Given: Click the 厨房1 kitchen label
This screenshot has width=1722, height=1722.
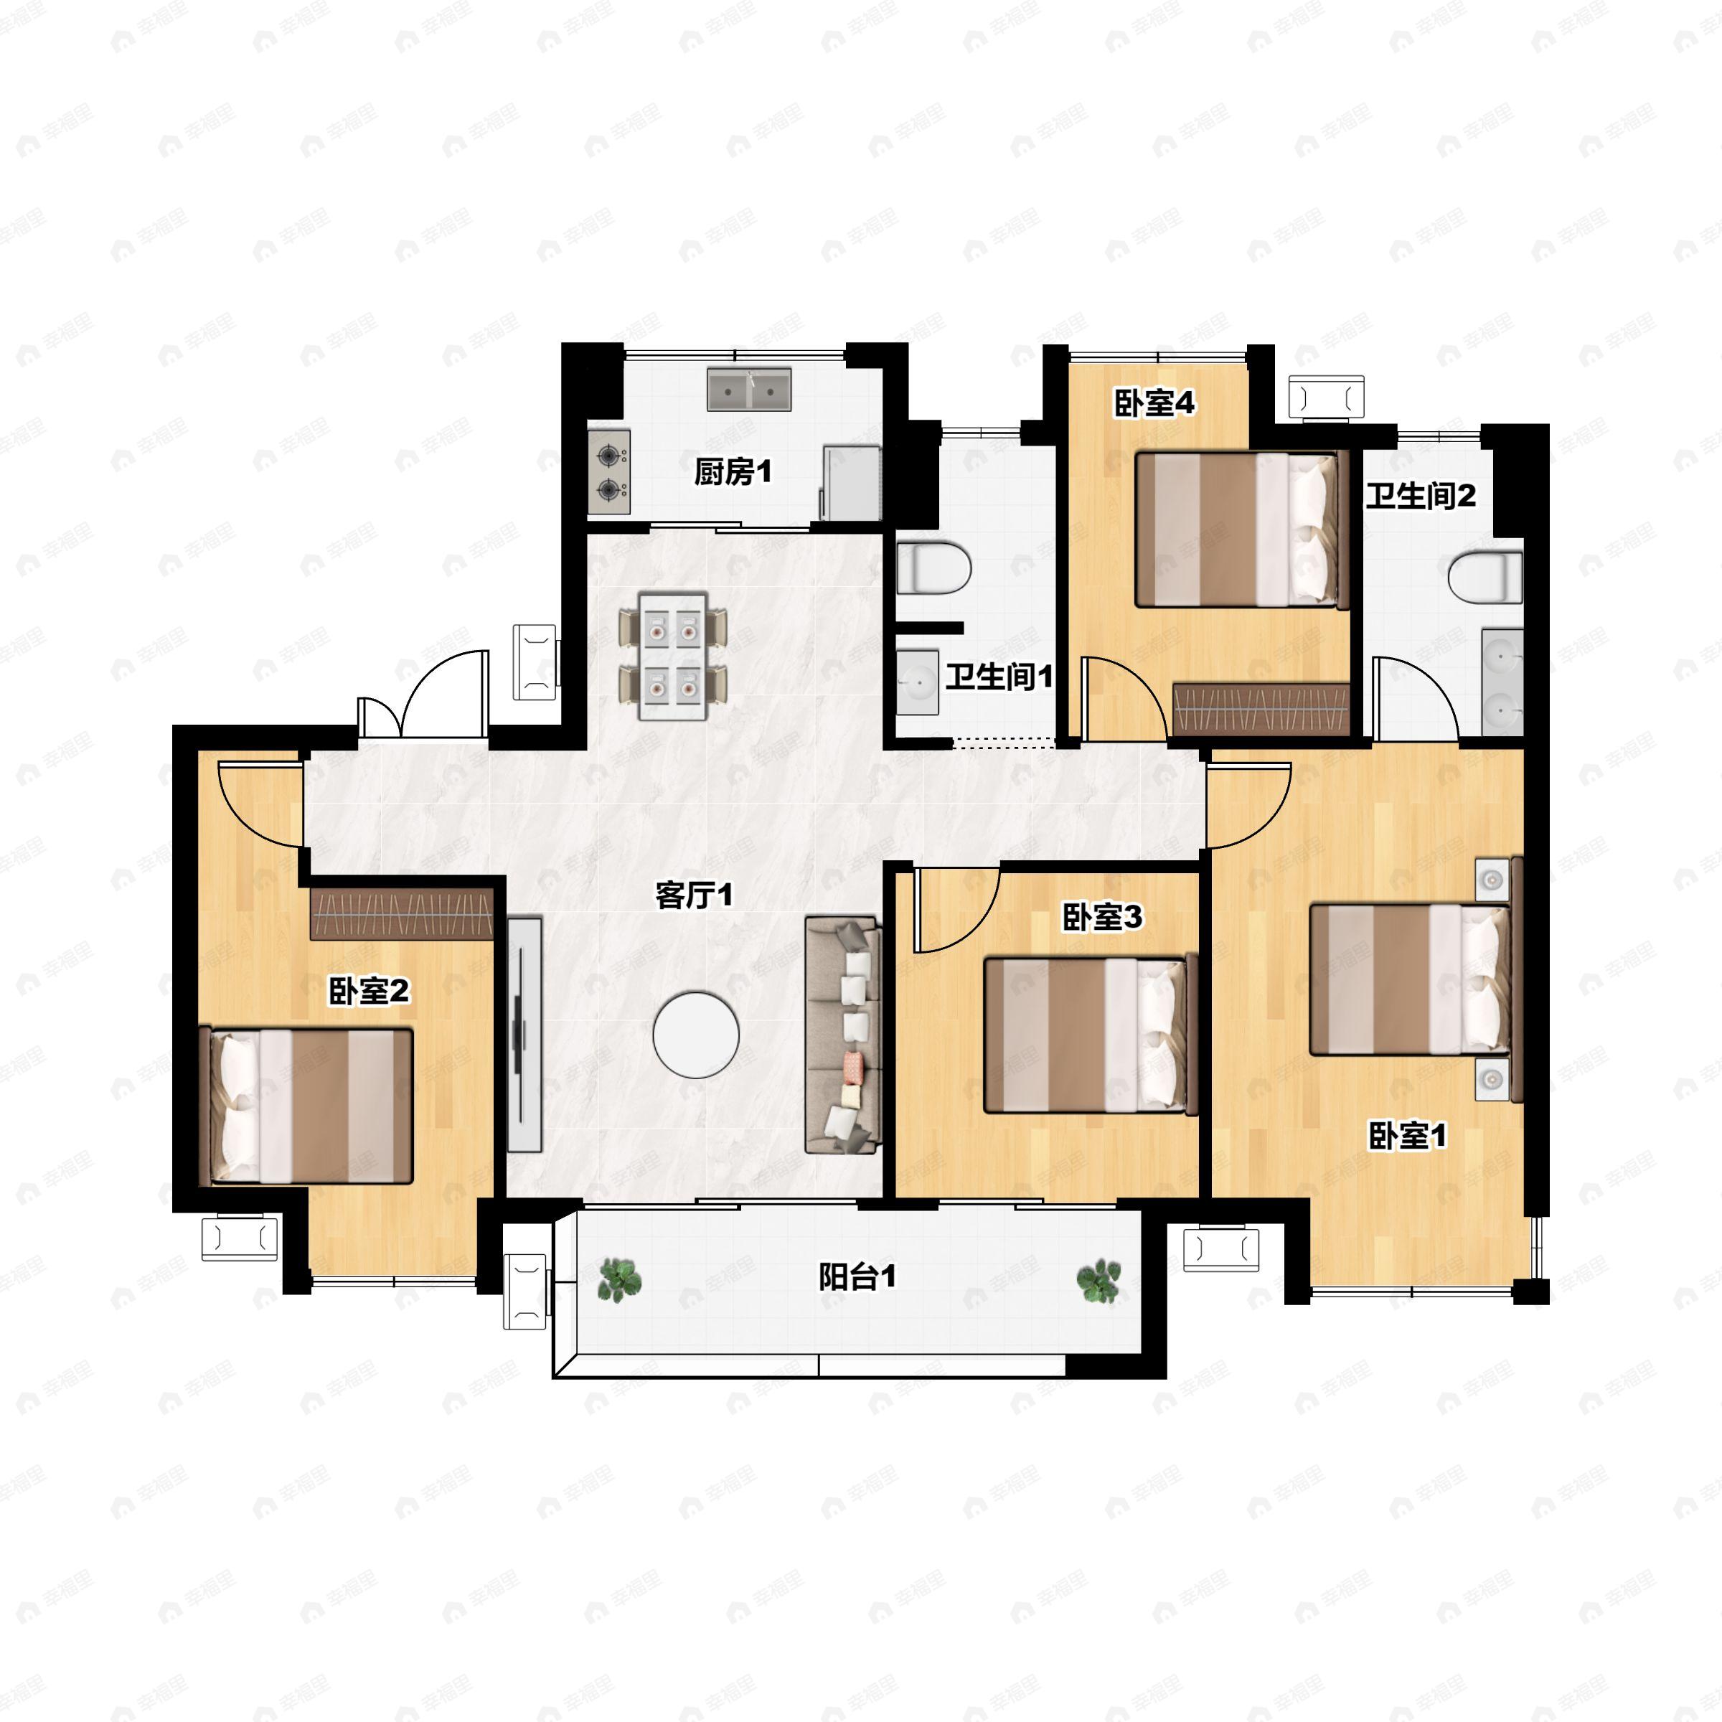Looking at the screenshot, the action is click(733, 471).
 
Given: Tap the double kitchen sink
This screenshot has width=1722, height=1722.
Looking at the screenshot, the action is click(748, 390).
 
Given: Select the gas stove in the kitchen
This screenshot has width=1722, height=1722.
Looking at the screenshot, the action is click(608, 472).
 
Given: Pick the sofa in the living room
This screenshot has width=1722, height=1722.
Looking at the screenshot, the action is click(843, 1035).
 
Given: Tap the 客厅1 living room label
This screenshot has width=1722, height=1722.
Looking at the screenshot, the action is click(695, 895).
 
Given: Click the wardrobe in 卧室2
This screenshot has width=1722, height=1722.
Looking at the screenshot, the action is click(402, 913).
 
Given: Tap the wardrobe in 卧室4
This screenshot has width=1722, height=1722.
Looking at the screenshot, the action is click(1261, 710).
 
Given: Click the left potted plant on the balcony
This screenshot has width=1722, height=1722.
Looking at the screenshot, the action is click(619, 1280).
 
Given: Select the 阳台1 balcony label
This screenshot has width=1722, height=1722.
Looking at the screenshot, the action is click(857, 1278).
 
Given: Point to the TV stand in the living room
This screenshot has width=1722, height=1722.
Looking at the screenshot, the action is click(524, 1034).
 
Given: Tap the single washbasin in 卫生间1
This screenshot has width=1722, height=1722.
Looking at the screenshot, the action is click(917, 683).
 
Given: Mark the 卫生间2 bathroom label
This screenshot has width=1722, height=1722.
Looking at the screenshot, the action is click(1421, 496).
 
